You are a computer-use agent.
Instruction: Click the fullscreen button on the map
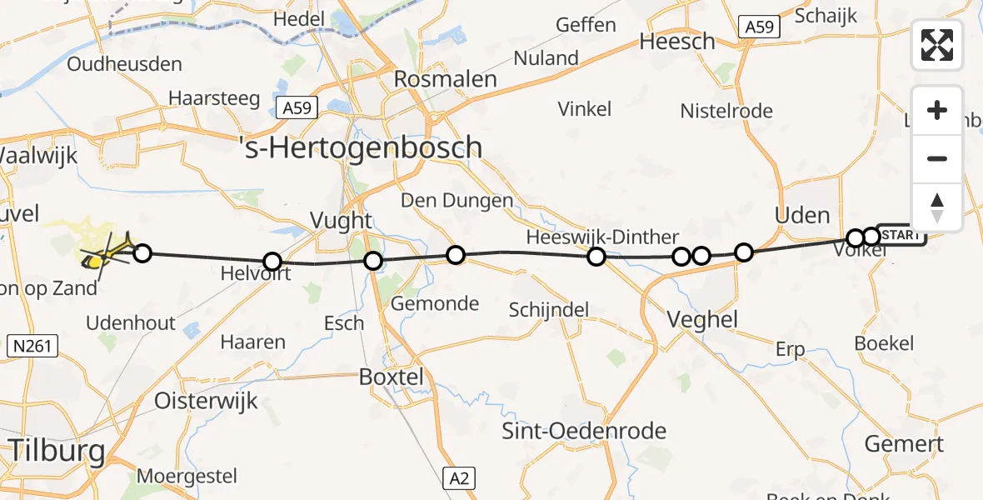coord(937,45)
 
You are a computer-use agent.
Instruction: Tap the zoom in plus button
coord(937,111)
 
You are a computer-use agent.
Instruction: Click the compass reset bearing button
coord(937,207)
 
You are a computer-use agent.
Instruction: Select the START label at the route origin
coord(901,235)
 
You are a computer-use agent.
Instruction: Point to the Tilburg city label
coord(57,452)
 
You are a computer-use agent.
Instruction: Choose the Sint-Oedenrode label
coord(584,431)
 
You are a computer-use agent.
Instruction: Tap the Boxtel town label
coord(391,377)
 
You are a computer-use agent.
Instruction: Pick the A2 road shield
coord(460,477)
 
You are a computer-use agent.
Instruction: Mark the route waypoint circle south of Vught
coord(373,262)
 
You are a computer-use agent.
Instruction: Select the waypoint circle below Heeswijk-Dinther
coord(596,256)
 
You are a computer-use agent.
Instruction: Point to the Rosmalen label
coord(446,80)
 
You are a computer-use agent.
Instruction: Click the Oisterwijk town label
coord(208,401)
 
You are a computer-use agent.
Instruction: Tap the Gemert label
coord(904,443)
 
